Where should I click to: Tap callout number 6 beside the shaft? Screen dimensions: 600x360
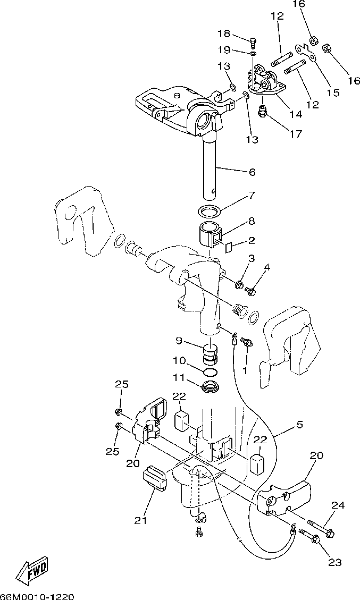click(x=252, y=172)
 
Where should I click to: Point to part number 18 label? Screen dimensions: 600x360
click(x=224, y=34)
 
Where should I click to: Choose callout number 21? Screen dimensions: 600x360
click(x=140, y=521)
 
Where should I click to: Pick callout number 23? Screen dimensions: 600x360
click(x=335, y=562)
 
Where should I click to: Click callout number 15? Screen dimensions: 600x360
click(x=332, y=93)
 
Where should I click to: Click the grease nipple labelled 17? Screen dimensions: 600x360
click(x=263, y=112)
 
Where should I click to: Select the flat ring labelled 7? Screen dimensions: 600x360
click(x=210, y=211)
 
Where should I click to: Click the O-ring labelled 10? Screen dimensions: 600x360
click(x=211, y=370)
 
